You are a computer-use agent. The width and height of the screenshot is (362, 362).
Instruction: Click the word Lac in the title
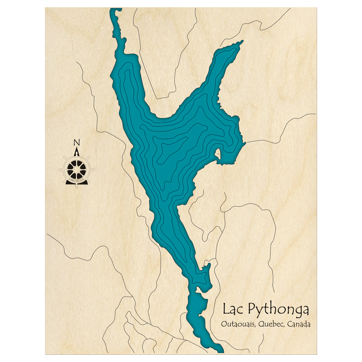(233, 310)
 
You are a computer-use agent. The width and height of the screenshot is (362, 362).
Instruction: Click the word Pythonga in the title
(278, 311)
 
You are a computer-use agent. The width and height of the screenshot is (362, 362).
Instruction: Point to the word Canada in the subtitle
(299, 324)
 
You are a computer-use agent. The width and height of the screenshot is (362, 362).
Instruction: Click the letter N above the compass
(76, 142)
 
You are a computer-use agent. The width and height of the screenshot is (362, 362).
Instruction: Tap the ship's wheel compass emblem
(77, 168)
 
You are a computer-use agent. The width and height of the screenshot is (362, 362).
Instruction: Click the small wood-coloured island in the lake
(218, 153)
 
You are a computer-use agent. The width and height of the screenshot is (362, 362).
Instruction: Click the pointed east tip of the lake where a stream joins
(245, 143)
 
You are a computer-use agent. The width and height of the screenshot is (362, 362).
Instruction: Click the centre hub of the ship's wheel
(77, 169)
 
